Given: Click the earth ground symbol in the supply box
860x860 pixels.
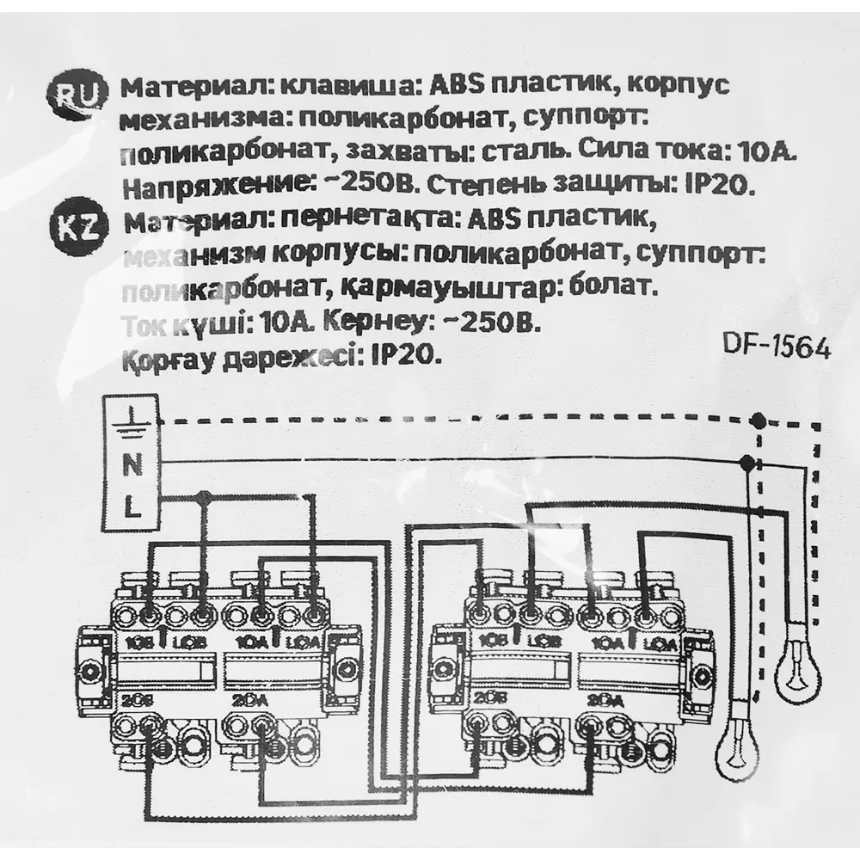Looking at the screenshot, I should click(x=131, y=420).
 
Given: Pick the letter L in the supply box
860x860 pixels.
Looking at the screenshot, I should click(x=131, y=508).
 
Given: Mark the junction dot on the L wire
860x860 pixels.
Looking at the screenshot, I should click(x=204, y=496).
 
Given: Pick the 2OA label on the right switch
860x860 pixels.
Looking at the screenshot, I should click(x=605, y=699).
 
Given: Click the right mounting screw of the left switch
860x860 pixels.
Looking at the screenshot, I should click(x=347, y=671).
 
